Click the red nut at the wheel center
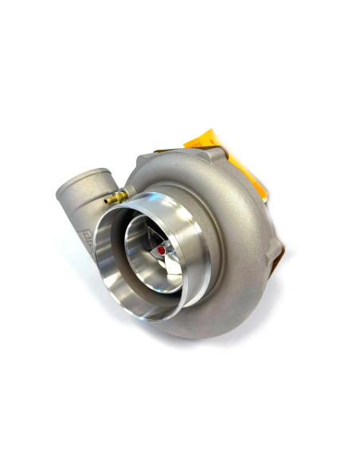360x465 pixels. [162, 249]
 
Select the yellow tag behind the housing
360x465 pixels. [204, 143]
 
